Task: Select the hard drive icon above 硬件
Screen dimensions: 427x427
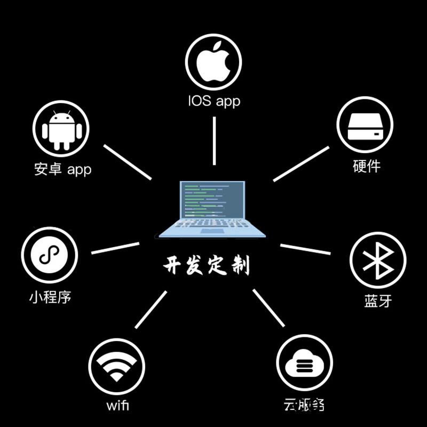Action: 365,125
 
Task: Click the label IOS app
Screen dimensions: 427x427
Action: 213,100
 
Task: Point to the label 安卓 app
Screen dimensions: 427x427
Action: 62,169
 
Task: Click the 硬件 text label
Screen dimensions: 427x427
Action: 367,166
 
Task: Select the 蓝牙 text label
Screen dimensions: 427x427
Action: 378,301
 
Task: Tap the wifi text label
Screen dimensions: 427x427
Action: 117,405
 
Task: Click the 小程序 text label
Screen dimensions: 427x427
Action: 50,297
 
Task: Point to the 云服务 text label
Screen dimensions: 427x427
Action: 304,405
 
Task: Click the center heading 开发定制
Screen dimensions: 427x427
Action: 206,265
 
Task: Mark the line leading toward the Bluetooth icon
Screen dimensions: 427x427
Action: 305,249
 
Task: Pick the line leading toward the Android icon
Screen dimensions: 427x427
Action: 128,162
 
